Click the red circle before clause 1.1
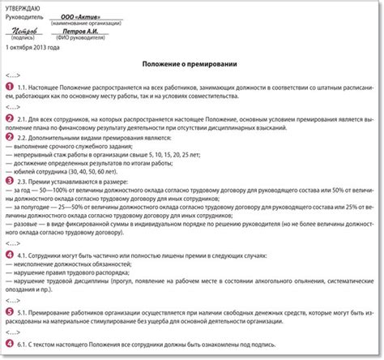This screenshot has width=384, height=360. tap(10, 86)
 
